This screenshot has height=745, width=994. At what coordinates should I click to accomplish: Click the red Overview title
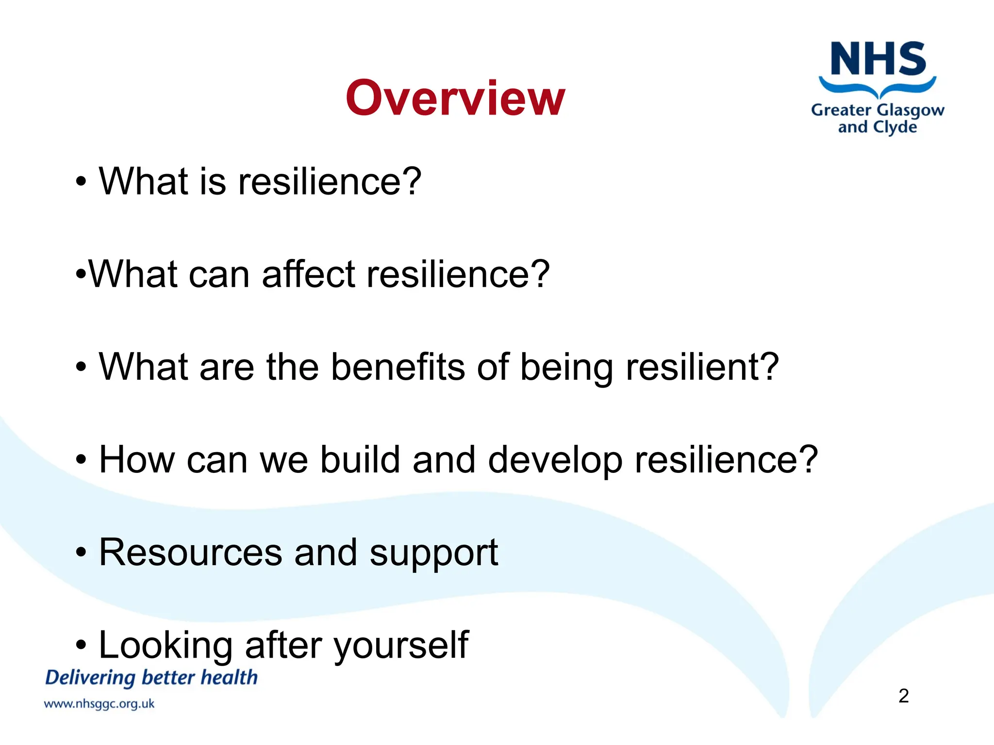click(455, 98)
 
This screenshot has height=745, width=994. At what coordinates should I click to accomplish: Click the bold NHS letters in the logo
click(878, 59)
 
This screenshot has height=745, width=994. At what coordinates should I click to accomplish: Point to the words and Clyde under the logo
click(878, 128)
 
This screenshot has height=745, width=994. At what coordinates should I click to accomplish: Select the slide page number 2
click(903, 696)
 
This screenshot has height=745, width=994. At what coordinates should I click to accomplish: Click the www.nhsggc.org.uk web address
click(99, 704)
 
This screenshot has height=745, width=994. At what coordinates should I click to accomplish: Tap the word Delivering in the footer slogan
click(90, 678)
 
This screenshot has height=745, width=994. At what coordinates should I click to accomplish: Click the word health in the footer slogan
click(229, 678)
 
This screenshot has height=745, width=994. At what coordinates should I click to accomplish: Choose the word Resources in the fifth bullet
click(191, 553)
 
